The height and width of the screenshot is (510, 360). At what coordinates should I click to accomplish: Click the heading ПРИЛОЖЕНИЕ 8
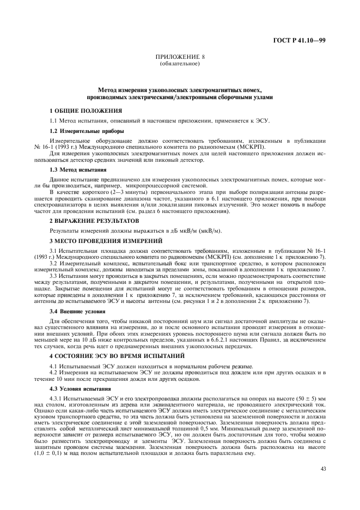point(180,57)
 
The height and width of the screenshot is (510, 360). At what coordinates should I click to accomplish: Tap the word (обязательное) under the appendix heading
point(180,63)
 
